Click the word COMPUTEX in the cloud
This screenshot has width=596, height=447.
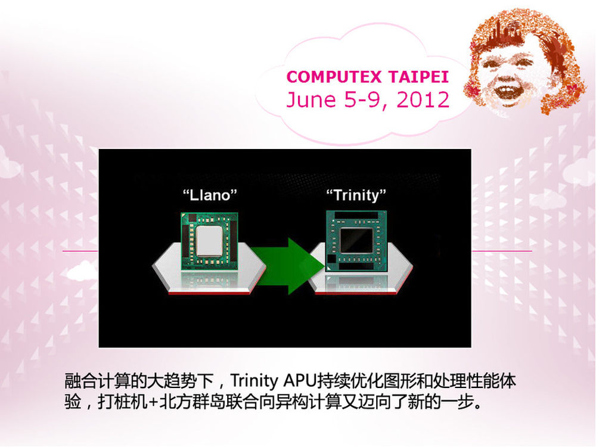pyautogui.click(x=333, y=77)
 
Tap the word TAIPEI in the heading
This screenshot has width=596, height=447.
pyautogui.click(x=418, y=77)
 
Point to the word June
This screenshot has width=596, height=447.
pyautogui.click(x=312, y=100)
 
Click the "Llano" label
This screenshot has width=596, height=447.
pyautogui.click(x=210, y=195)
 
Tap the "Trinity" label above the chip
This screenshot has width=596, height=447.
pyautogui.click(x=356, y=195)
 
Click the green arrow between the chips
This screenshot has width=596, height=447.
pyautogui.click(x=288, y=266)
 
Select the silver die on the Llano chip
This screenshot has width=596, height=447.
pyautogui.click(x=209, y=241)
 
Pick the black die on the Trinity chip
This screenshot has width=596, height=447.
pyautogui.click(x=356, y=241)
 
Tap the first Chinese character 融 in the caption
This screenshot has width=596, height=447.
pyautogui.click(x=73, y=381)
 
